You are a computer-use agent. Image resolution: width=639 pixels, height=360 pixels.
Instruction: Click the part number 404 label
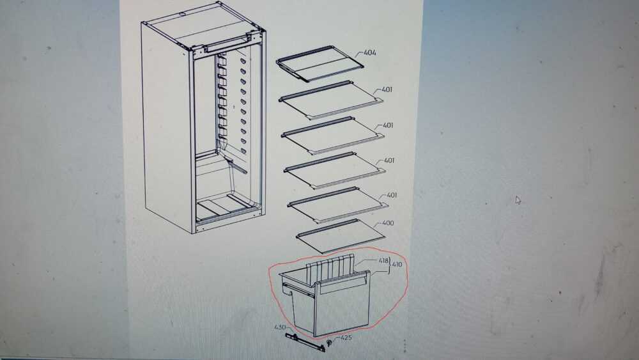point(370,52)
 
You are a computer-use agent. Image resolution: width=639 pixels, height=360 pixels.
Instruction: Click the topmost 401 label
point(387,90)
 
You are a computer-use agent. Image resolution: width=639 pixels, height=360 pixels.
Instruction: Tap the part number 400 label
point(388,223)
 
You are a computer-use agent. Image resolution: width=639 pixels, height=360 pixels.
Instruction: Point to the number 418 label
point(383,260)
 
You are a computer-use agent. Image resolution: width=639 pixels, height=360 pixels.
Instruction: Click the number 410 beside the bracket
point(397,265)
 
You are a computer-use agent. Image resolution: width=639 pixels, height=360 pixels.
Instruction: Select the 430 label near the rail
point(280,327)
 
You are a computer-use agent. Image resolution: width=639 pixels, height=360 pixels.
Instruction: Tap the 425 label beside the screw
point(346,338)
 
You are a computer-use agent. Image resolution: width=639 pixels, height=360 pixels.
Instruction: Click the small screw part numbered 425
point(329,342)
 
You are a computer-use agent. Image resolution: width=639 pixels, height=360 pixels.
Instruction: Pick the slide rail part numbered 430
point(305,342)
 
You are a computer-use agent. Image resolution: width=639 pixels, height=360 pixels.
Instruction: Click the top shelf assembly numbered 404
point(320,63)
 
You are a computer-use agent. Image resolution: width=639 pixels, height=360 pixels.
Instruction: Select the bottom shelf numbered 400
point(341,236)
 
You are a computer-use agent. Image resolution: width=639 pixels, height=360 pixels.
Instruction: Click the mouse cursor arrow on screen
point(518,200)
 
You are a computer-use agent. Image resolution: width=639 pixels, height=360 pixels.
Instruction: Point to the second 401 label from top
point(388,125)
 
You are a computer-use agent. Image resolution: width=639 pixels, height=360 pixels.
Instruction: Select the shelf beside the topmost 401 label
point(331,100)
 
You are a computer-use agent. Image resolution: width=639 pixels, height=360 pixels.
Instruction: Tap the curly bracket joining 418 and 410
point(390,265)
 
